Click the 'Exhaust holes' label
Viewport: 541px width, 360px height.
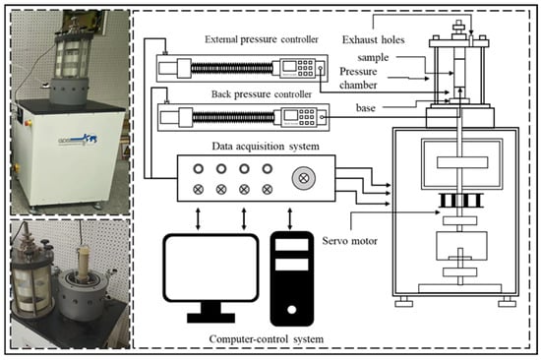374,39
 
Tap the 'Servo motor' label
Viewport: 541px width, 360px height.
349,241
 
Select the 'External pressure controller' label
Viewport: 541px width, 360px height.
262,39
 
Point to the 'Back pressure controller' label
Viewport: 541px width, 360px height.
262,94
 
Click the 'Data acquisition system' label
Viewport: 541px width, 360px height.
266,147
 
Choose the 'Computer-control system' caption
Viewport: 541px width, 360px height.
266,339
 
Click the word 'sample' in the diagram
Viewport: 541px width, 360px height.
373,57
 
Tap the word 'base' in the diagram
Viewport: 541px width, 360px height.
365,108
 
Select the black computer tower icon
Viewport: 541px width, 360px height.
292,279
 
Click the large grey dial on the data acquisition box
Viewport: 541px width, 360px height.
304,178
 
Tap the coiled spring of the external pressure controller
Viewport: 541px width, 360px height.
231,68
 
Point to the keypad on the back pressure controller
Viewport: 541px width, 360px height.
306,117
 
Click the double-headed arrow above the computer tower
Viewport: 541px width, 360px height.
290,218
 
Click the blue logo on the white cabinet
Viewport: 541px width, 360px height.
78,141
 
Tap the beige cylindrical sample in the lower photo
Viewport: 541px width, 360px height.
84,264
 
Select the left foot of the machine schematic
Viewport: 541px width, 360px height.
403,302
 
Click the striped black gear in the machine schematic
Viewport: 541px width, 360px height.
460,201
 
